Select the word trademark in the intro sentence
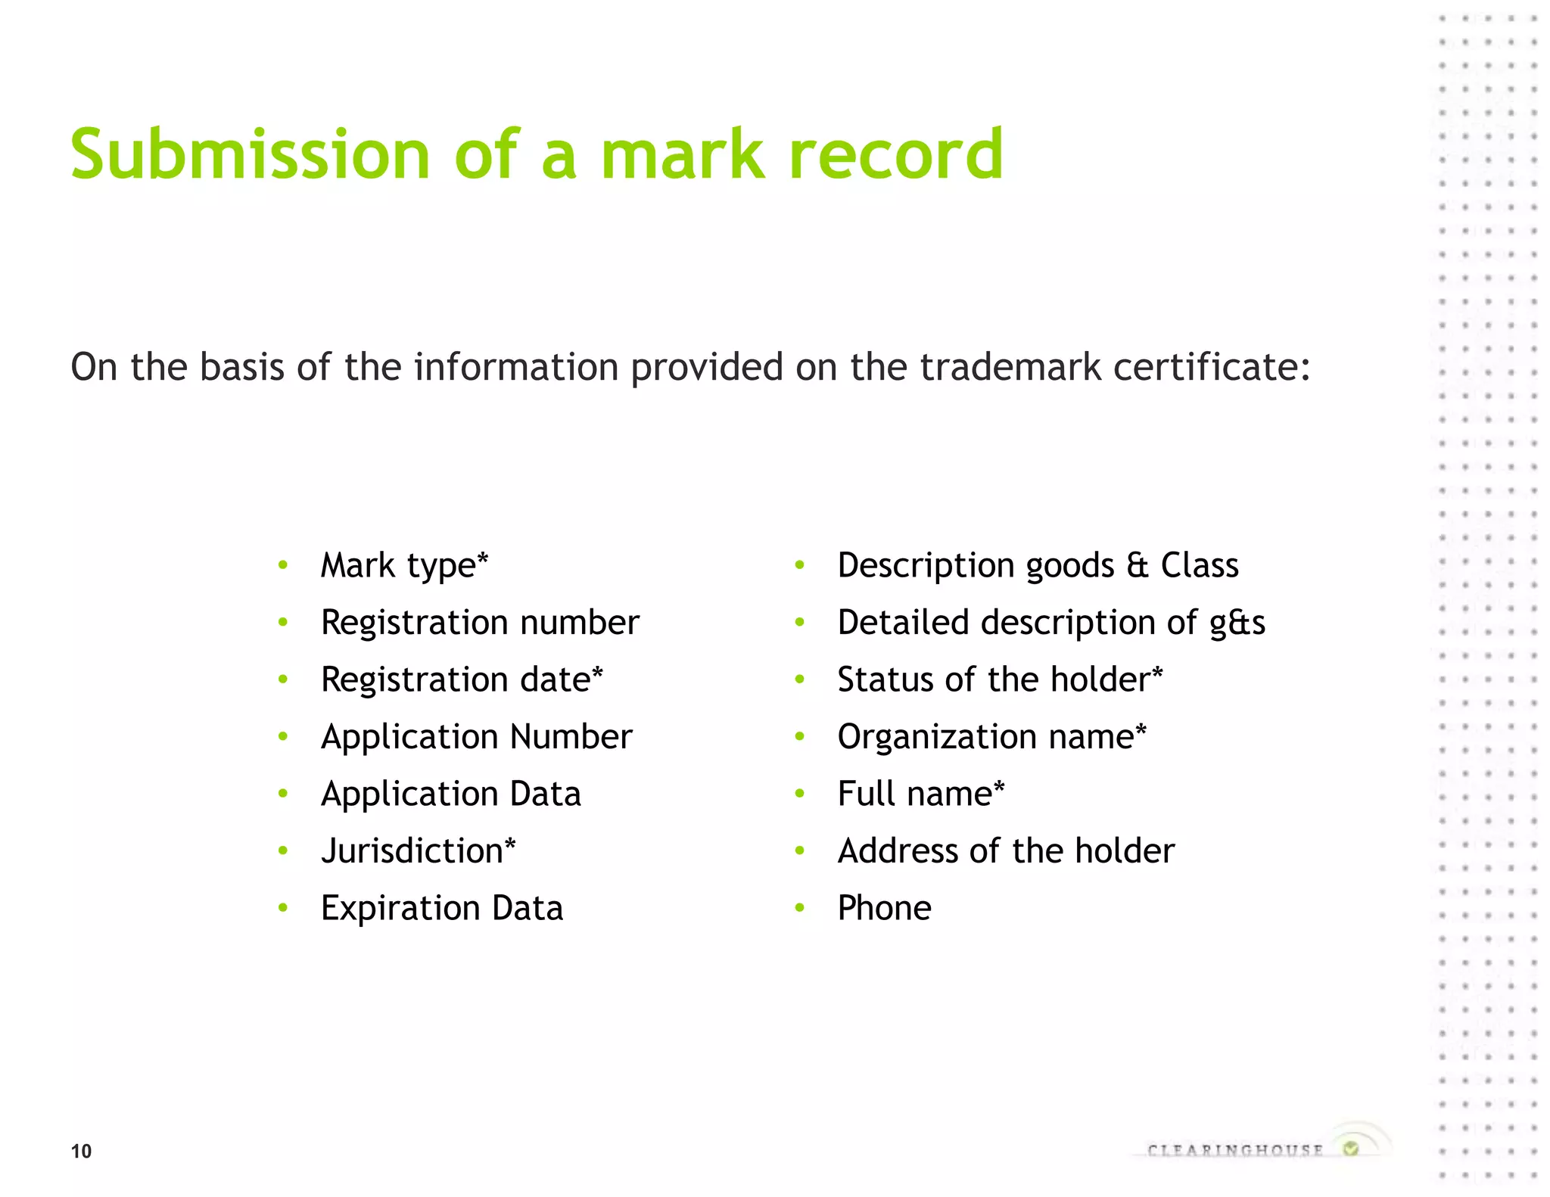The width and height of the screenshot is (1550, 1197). pyautogui.click(x=1010, y=367)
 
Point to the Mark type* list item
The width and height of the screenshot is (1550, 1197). pyautogui.click(x=404, y=565)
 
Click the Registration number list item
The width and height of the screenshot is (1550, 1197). pyautogui.click(x=480, y=623)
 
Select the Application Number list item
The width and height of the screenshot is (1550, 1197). pyautogui.click(x=476, y=737)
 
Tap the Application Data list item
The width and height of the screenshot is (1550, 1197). pyautogui.click(x=451, y=794)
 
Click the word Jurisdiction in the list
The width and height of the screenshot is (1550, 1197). pyautogui.click(x=412, y=851)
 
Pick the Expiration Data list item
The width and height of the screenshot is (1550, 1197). pyautogui.click(x=442, y=908)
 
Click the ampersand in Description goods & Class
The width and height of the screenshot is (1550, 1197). pyautogui.click(x=1138, y=566)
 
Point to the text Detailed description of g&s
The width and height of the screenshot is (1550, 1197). pyautogui.click(x=1051, y=623)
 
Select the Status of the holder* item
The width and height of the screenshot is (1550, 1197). pyautogui.click(x=1000, y=679)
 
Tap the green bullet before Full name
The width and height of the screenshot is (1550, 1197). pyautogui.click(x=800, y=794)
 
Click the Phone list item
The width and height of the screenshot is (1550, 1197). pyautogui.click(x=884, y=908)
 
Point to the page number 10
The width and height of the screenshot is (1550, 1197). pyautogui.click(x=81, y=1151)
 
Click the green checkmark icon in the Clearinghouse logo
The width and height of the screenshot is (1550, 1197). pyautogui.click(x=1351, y=1149)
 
